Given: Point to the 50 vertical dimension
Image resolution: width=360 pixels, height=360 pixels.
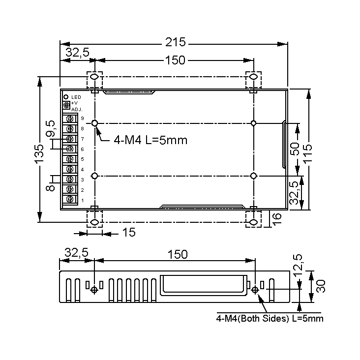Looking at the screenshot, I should (x=295, y=149).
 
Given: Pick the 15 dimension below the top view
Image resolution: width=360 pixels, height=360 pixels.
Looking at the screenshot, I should (x=128, y=233).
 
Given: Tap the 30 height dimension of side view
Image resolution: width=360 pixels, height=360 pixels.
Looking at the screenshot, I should (x=321, y=286).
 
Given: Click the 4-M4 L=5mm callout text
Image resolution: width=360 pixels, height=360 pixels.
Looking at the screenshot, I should (x=150, y=140).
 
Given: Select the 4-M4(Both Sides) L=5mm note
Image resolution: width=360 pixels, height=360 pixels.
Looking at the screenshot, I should (x=270, y=319).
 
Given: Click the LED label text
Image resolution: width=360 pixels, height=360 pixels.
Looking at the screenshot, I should (x=76, y=97).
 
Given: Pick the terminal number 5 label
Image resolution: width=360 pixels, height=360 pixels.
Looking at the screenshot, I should (x=82, y=159).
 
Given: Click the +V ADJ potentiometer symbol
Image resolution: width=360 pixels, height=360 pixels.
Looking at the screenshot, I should (x=66, y=105).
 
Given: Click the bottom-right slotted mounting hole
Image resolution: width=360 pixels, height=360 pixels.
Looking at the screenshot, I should (x=253, y=222).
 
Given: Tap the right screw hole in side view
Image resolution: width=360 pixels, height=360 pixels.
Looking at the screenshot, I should (x=255, y=290).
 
